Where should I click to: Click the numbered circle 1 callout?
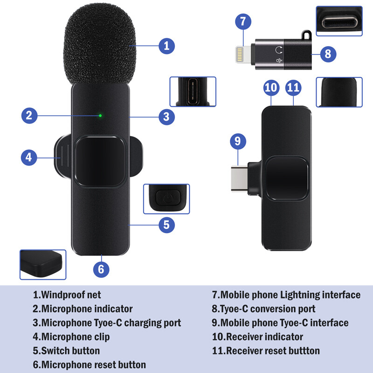click(x=166, y=46)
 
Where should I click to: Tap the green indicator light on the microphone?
click(x=100, y=115)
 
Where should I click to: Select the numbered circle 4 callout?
click(x=29, y=158)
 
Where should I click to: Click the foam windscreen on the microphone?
click(x=100, y=44)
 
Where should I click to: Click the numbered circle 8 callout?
click(x=328, y=54)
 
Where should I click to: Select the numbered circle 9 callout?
click(x=238, y=141)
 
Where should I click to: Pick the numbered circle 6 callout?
click(x=101, y=269)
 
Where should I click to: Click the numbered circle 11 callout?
click(x=293, y=87)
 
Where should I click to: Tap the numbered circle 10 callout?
click(x=271, y=87)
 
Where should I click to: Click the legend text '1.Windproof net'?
click(x=67, y=295)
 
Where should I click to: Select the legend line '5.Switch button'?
click(x=66, y=351)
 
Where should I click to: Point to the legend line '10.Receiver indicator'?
click(x=257, y=337)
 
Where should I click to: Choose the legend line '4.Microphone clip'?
click(x=71, y=337)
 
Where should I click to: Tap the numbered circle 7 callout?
click(x=243, y=21)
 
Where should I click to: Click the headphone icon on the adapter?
click(x=279, y=49)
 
